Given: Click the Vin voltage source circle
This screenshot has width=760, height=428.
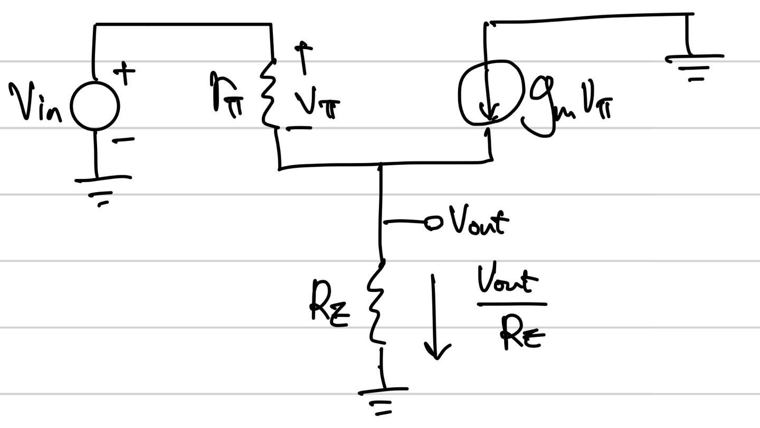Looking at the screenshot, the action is [71, 106].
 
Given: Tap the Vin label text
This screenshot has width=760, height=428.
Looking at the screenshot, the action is [35, 102].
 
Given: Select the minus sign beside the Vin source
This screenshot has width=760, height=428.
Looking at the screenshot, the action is [123, 140].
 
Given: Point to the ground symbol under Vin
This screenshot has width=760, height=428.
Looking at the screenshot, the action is [102, 191].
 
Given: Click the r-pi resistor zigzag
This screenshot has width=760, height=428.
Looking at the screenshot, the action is [269, 94].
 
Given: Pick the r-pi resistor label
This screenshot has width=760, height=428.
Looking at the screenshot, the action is [226, 95].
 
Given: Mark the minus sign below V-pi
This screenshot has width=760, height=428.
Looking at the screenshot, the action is [299, 128].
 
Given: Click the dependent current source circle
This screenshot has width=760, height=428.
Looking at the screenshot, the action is [459, 93].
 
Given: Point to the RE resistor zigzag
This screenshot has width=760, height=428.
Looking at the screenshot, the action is [376, 302].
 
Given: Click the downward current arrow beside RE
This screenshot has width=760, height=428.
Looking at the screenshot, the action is [435, 317].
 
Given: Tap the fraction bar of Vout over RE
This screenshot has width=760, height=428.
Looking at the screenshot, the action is [511, 304].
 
